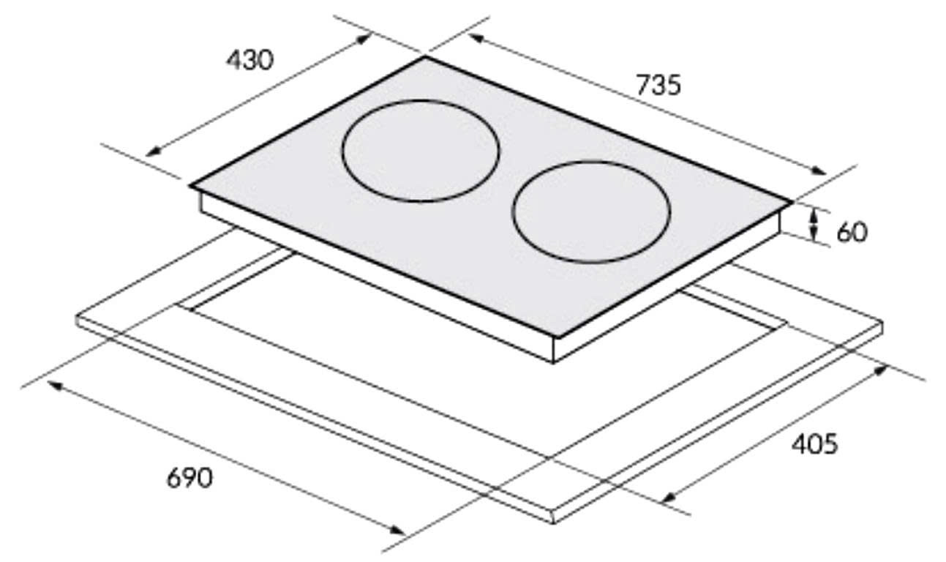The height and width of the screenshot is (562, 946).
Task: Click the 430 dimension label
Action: coord(249,60)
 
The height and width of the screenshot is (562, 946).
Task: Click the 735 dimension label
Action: coord(658,85)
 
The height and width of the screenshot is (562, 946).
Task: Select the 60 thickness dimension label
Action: coord(851,232)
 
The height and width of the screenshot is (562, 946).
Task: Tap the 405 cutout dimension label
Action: coord(814,443)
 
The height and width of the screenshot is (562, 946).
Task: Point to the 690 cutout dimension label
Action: coord(189,478)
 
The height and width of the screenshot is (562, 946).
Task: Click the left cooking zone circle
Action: coord(421,151)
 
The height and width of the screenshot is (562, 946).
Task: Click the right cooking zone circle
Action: coord(591,212)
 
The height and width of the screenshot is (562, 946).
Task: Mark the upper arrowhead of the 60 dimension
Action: coord(814,211)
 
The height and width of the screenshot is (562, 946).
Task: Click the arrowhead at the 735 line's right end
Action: coord(820,172)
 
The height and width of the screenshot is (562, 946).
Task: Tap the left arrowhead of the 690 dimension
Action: coord(53,384)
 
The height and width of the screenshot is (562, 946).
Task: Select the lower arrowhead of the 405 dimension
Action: coord(667,499)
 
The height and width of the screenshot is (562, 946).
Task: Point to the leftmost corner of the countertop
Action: coord(77,318)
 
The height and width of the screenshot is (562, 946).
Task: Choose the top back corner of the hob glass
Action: coord(425,56)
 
